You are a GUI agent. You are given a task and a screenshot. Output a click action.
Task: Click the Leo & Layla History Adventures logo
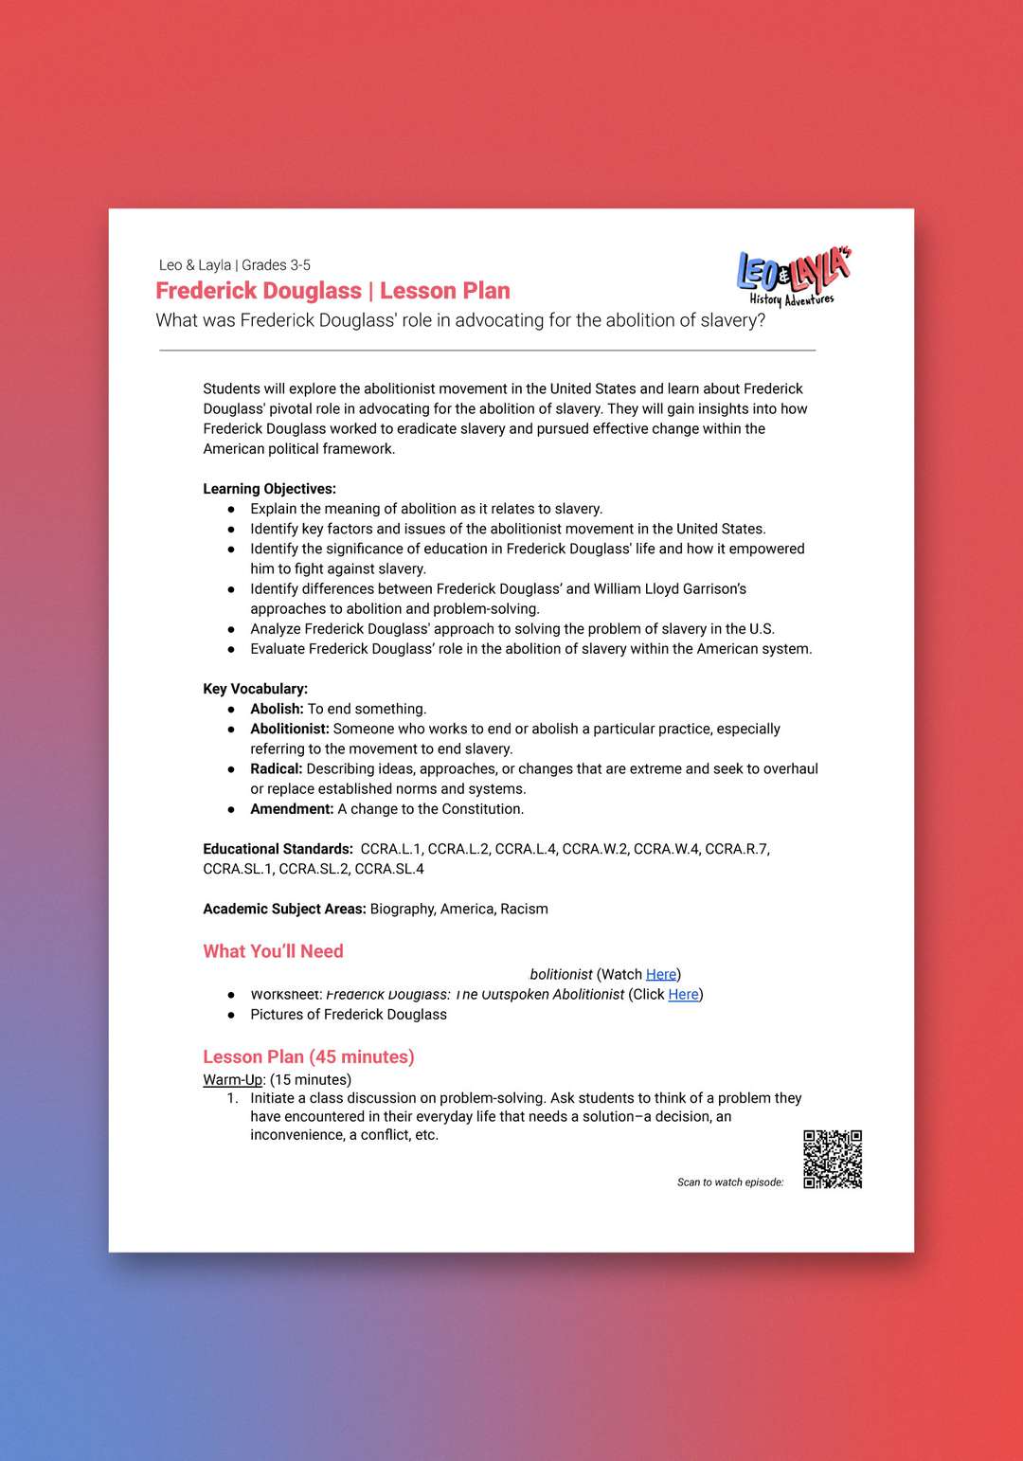coord(793,277)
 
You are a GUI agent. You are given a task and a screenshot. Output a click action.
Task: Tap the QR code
coord(833,1159)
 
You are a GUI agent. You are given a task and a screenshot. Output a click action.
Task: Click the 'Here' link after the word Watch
coord(661,974)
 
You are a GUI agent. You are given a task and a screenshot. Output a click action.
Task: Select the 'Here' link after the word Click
coord(683,994)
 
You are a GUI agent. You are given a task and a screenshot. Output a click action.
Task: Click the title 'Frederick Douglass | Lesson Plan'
coord(332,291)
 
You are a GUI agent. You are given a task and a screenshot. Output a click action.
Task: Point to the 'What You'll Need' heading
coord(273,951)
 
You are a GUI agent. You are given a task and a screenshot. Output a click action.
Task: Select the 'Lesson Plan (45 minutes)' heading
coord(309,1056)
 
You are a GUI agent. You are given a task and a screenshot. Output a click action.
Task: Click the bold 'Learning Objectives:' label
coord(269,489)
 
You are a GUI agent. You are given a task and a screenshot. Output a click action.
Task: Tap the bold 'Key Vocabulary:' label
coord(255,689)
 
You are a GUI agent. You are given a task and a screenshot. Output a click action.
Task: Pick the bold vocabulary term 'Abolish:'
coord(277,709)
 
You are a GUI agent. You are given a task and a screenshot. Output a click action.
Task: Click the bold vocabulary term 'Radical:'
coord(276,768)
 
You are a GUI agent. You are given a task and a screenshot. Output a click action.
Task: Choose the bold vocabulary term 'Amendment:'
coord(292,809)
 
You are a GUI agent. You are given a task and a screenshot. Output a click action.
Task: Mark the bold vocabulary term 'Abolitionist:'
coord(289,729)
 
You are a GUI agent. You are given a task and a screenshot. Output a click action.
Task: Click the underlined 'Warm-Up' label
coord(232,1079)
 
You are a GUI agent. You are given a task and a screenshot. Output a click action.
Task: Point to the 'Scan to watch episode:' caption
coord(730,1182)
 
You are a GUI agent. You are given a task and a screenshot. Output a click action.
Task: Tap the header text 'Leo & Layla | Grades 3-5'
coord(235,265)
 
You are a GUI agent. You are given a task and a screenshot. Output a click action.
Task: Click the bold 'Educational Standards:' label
coord(278,849)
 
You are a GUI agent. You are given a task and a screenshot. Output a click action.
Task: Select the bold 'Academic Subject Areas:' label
coord(284,909)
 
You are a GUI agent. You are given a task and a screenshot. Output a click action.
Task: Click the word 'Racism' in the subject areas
coord(524,909)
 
